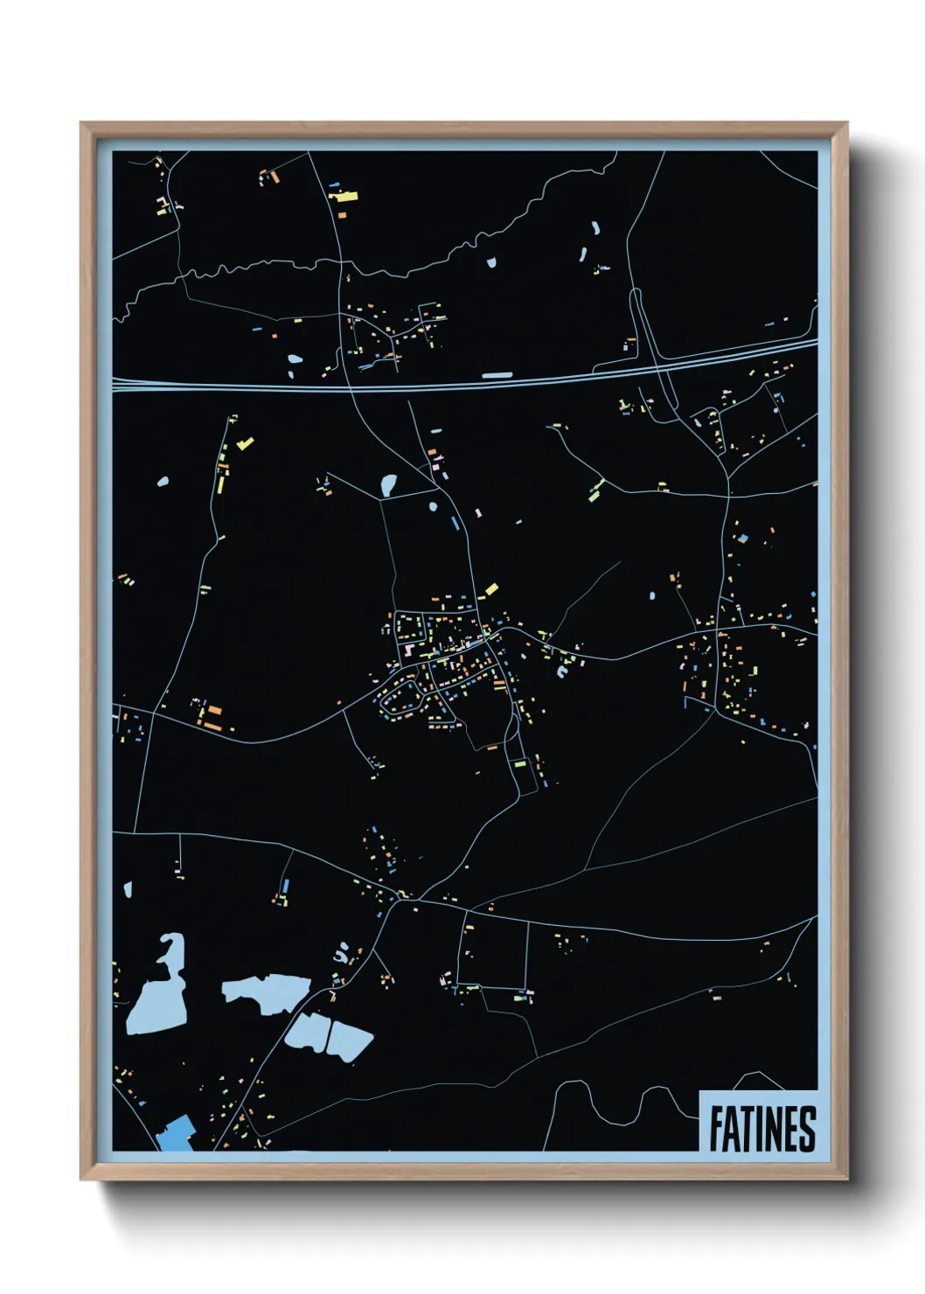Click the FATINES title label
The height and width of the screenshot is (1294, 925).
[762, 1129]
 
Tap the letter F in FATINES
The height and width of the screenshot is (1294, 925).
[716, 1130]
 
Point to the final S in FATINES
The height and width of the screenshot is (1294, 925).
[806, 1130]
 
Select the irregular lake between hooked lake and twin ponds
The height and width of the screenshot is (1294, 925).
[266, 992]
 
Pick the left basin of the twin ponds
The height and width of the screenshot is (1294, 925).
[307, 1033]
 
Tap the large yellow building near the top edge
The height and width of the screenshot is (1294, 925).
[344, 197]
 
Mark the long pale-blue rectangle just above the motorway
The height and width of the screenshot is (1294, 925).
[497, 376]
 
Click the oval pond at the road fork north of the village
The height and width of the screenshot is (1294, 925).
[388, 484]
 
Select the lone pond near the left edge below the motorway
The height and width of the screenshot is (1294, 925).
[161, 482]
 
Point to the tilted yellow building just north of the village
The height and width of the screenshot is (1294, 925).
[490, 590]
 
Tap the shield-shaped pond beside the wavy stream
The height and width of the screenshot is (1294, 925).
[490, 261]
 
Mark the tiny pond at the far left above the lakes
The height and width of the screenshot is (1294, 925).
[128, 890]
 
